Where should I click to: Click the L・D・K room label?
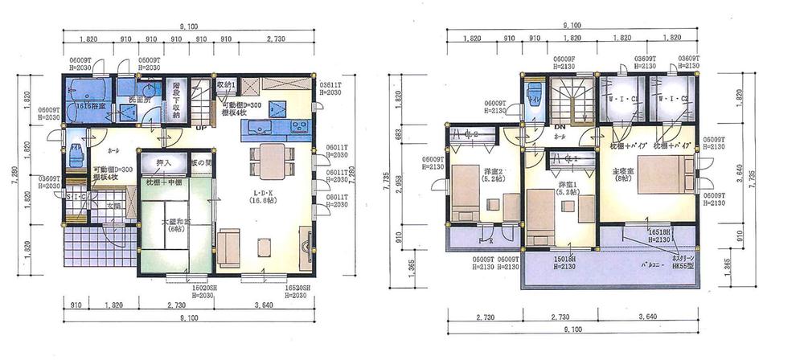tap(255, 197)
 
